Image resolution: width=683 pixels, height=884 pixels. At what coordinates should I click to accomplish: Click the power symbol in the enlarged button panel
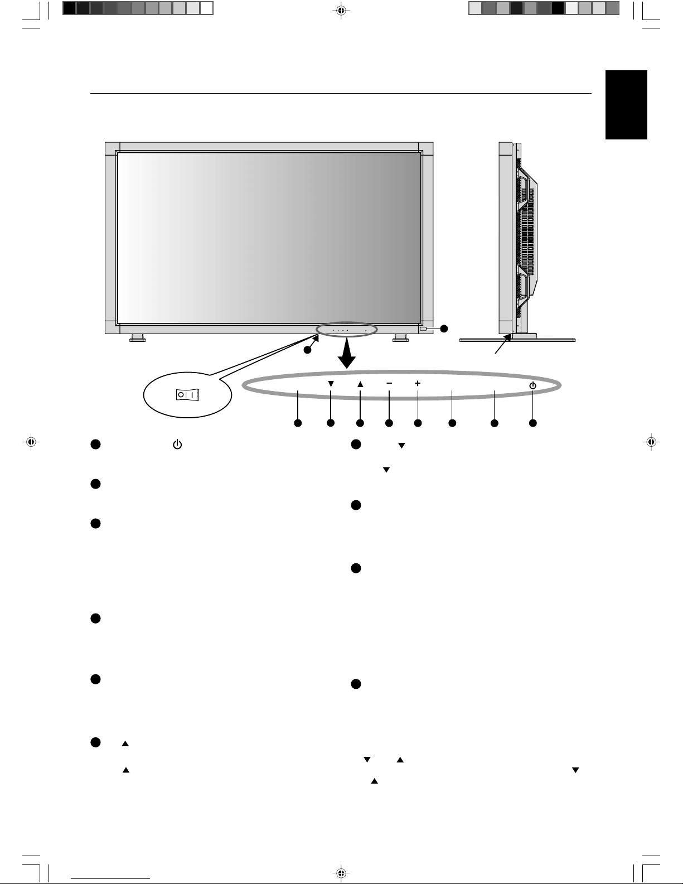pos(533,385)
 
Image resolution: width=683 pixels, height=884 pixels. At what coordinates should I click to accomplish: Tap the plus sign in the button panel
pos(418,383)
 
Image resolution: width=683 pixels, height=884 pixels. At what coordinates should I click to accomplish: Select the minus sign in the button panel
pos(389,383)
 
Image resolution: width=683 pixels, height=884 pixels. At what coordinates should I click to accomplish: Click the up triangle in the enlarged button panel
pos(360,384)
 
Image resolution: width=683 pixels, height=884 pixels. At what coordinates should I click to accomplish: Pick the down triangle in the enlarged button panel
pos(331,384)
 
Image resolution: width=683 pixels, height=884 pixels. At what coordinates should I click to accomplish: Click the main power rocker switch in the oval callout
pos(188,395)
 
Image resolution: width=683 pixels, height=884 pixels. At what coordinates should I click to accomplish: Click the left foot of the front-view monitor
pos(137,338)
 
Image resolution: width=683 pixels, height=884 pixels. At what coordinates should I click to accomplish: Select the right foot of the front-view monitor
pos(399,338)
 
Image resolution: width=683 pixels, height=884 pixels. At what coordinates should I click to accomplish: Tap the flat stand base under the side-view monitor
pos(517,339)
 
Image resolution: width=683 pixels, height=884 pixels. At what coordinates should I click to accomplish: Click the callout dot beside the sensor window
pos(443,329)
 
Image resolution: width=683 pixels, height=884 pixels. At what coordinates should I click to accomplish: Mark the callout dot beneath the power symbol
pos(533,423)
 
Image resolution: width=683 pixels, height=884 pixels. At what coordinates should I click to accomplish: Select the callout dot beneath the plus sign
pos(418,423)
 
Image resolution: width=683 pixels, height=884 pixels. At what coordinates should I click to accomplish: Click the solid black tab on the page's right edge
pos(626,104)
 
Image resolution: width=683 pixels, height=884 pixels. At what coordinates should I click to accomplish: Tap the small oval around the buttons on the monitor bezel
pos(346,329)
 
